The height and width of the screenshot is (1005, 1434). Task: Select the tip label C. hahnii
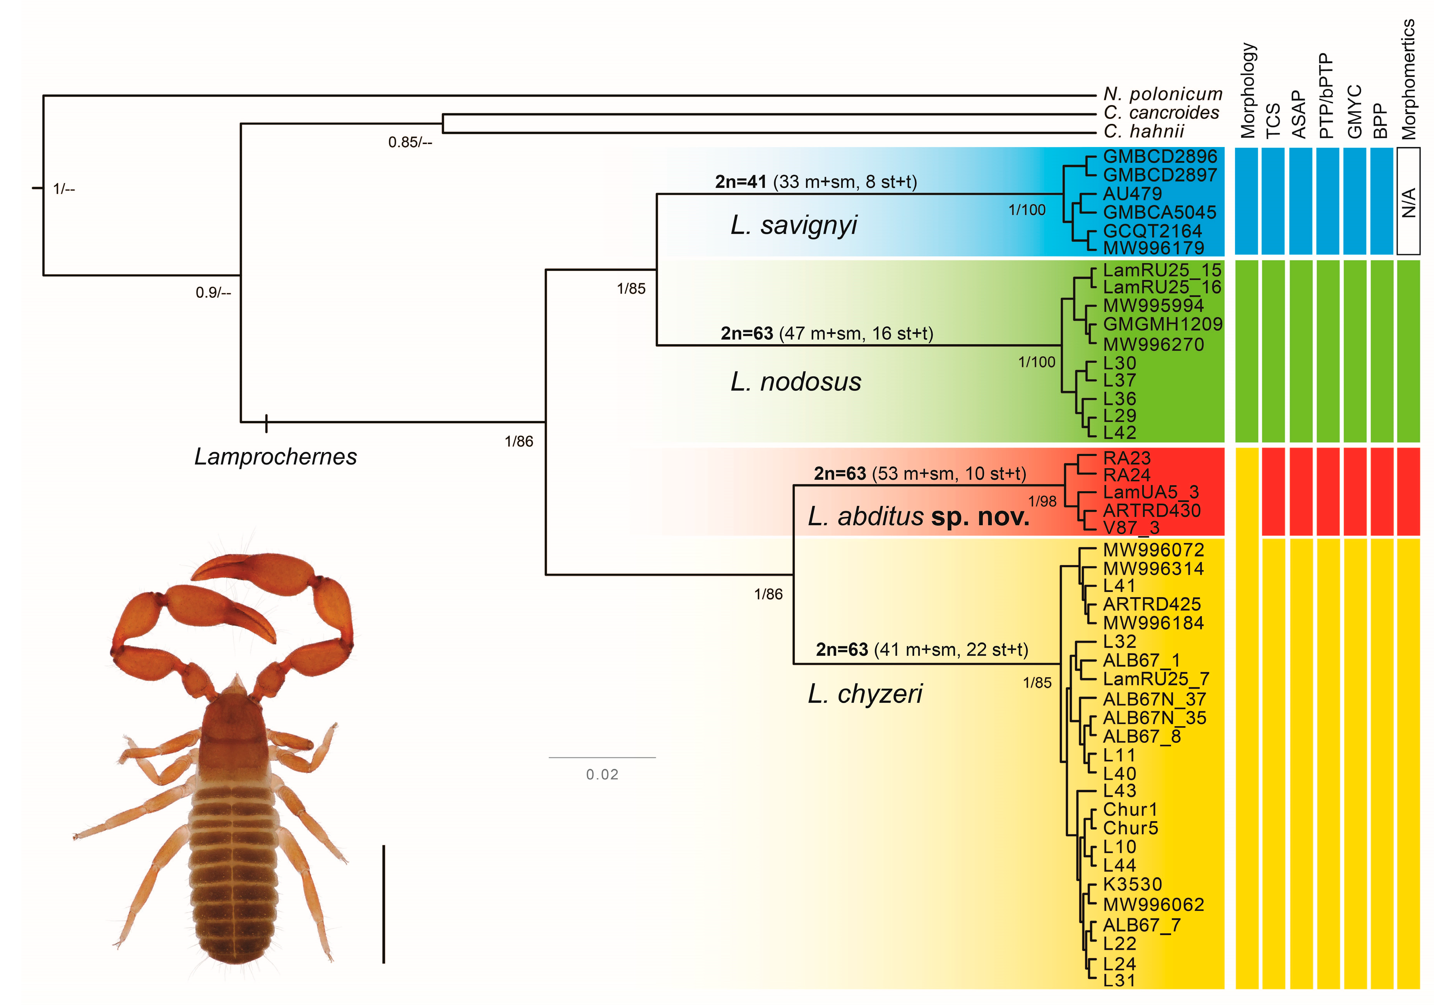click(x=1143, y=131)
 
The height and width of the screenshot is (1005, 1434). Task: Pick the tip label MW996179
click(x=1153, y=248)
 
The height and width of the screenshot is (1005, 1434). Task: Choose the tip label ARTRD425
click(x=1152, y=604)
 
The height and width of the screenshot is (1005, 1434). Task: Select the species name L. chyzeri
click(x=865, y=694)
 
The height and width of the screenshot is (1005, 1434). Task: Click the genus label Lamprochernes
click(x=276, y=456)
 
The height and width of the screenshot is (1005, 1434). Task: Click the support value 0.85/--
click(x=410, y=142)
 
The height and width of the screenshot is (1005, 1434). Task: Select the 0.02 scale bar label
click(x=602, y=775)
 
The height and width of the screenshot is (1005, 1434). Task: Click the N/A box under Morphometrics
click(x=1408, y=201)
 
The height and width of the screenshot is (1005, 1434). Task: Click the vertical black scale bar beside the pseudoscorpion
click(x=383, y=904)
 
